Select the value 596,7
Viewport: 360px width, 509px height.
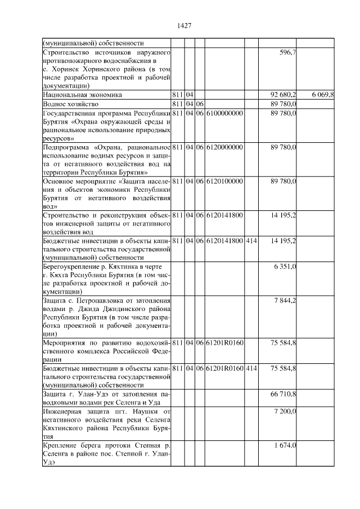[x=288, y=52]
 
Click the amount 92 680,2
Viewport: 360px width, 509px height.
[x=284, y=95]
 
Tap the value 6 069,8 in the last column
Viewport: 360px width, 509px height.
[x=323, y=95]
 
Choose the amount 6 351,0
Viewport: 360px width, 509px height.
[x=285, y=266]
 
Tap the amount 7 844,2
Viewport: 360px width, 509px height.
[x=285, y=301]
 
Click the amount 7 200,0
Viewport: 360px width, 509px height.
[x=285, y=412]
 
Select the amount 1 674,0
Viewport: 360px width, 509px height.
[x=285, y=445]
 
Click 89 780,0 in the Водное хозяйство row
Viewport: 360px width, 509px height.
[x=284, y=104]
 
